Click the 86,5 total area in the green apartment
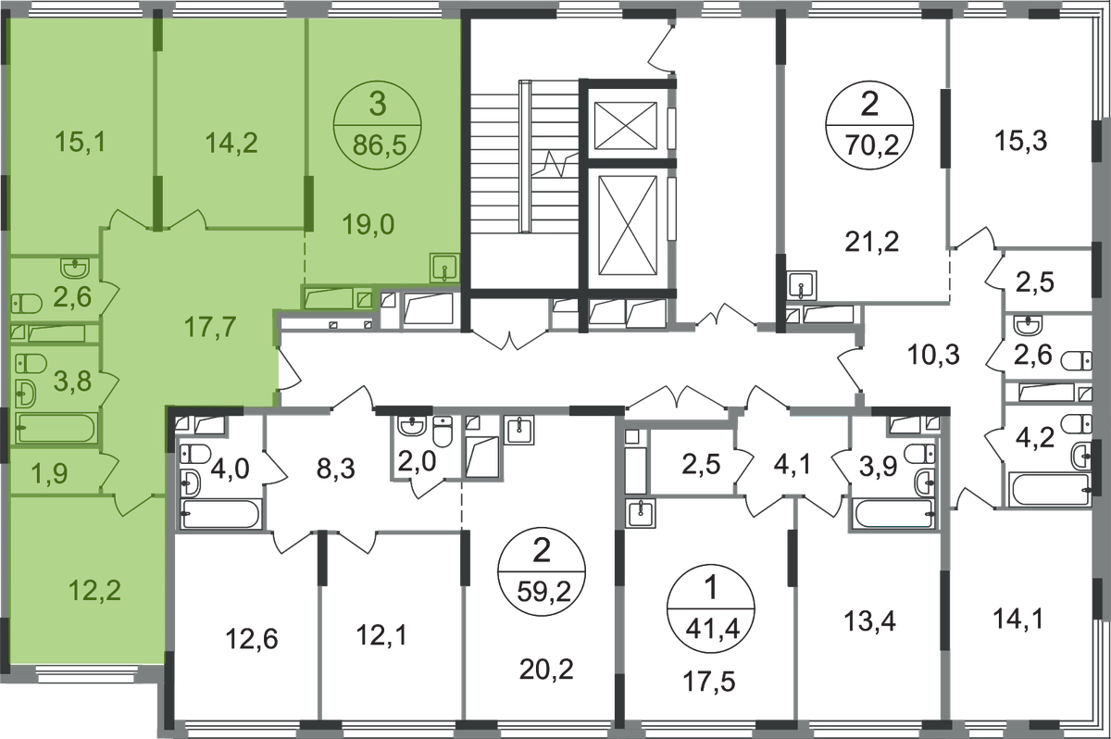tap(380, 145)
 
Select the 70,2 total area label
tap(872, 145)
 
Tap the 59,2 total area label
tap(543, 591)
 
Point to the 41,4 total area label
tap(713, 629)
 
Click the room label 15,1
tap(81, 142)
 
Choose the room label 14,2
tap(231, 143)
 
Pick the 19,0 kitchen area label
tap(368, 225)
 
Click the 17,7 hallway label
tap(210, 327)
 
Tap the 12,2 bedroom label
tap(94, 591)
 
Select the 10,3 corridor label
tap(933, 355)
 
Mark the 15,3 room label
tap(1020, 141)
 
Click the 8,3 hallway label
tap(336, 469)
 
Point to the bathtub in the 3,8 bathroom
tap(56, 428)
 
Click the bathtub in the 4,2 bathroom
tap(1049, 490)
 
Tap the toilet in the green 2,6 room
tap(26, 304)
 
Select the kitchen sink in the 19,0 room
tap(444, 268)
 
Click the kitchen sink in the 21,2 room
tap(802, 285)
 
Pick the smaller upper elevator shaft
tap(626, 125)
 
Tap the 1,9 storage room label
tap(49, 473)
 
